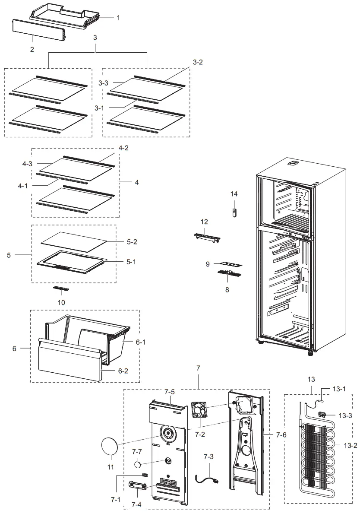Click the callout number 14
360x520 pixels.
234,194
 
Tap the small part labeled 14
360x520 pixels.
235,213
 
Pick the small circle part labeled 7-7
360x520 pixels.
138,465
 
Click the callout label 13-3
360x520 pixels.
345,415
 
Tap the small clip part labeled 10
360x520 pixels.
61,288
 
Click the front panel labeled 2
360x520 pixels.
38,31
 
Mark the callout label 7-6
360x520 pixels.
281,435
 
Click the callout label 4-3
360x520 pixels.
27,164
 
